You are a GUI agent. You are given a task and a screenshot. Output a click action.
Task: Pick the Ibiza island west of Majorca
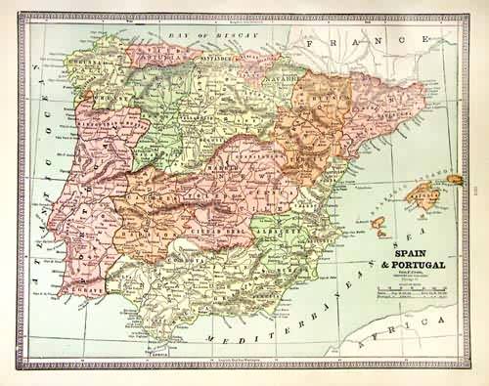point(378,225)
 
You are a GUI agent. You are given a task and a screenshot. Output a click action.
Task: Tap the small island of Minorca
point(455,179)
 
